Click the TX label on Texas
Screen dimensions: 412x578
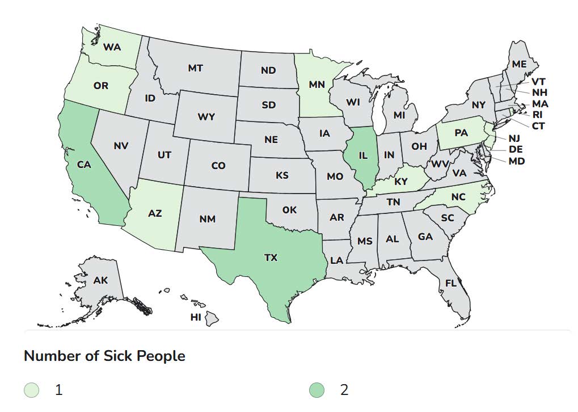coord(271,258)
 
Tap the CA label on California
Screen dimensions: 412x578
coord(85,165)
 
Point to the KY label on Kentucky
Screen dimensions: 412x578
coord(401,182)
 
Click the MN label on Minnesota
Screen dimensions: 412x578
coord(316,85)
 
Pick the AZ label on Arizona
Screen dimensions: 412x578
coord(155,213)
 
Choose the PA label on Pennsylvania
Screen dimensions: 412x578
coord(461,133)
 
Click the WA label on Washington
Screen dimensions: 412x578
coord(112,47)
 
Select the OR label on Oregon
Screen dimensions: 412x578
coord(100,86)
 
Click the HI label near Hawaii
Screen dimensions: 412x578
coord(196,317)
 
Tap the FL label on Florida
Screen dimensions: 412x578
coord(451,283)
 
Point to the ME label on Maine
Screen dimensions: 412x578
coord(519,64)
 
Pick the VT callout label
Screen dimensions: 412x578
coord(538,82)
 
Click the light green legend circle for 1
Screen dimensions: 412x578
coord(32,390)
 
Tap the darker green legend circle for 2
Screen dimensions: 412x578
coord(317,390)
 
